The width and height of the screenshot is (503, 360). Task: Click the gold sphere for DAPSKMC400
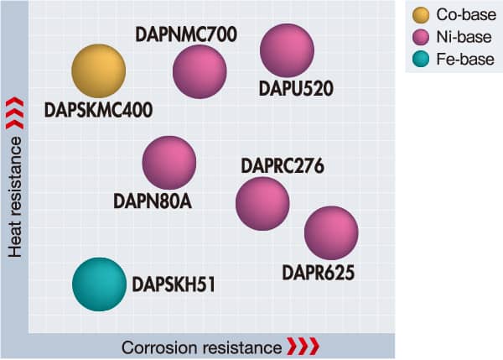[x=98, y=71]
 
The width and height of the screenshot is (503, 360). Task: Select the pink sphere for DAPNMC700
[x=200, y=71]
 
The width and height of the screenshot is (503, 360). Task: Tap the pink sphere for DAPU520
[x=287, y=50]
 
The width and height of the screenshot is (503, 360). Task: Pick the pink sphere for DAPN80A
[x=169, y=163]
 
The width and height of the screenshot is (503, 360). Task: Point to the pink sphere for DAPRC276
[x=262, y=203]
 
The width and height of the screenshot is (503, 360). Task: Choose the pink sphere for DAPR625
[x=330, y=232]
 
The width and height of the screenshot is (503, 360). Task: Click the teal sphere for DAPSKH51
[x=100, y=284]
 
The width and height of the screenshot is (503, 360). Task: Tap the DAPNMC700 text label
[x=186, y=34]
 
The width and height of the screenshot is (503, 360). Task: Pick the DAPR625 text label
[x=318, y=273]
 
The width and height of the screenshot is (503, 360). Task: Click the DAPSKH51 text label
[x=174, y=284]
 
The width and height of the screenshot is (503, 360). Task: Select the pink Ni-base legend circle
[x=423, y=37]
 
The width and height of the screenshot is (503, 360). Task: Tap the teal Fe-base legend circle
[x=423, y=60]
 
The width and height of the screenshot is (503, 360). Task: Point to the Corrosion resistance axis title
[x=201, y=347]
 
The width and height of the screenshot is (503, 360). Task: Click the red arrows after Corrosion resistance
[x=303, y=347]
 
